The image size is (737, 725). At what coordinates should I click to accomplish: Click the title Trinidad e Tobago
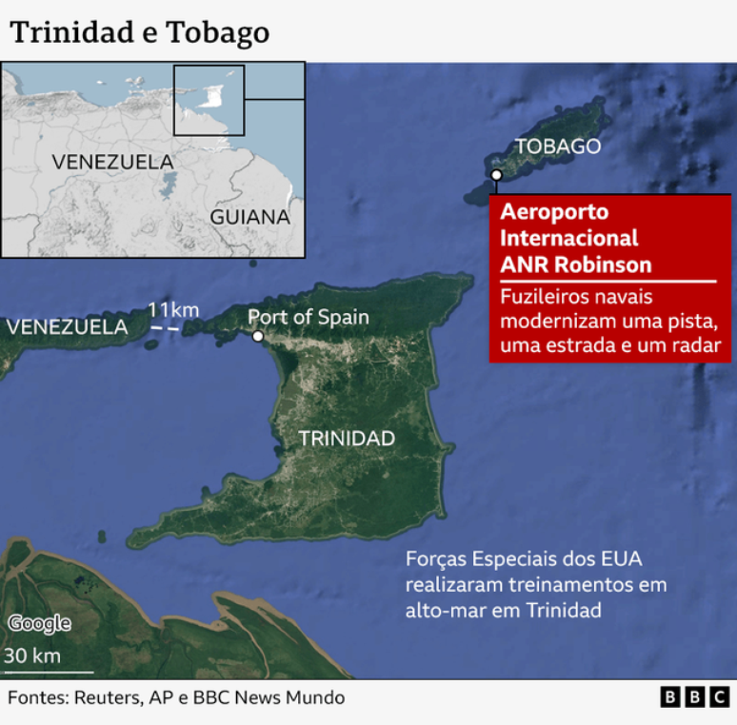139,32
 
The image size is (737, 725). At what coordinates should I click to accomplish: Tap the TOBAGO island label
558,147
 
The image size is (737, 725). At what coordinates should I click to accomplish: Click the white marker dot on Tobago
496,175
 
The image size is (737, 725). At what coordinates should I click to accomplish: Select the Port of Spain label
309,317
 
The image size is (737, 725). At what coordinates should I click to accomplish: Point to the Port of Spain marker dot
258,336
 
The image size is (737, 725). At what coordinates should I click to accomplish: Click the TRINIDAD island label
347,439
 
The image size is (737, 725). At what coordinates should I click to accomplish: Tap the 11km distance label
173,309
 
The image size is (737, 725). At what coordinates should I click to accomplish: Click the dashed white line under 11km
166,328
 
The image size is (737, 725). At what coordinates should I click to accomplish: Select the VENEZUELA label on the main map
67,327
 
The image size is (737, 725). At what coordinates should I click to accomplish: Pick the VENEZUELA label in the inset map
112,162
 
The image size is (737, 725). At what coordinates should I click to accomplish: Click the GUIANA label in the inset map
249,217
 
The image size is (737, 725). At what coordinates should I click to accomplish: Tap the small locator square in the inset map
209,100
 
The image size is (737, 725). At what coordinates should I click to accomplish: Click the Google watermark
39,623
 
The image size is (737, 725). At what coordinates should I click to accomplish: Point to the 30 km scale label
32,656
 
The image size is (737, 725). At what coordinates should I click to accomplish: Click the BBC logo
695,697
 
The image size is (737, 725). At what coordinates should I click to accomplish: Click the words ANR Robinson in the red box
576,264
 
